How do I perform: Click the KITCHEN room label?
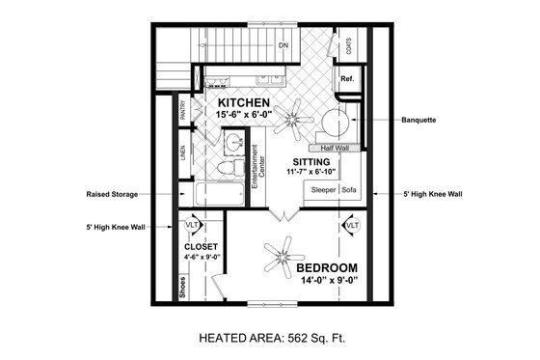(x=243, y=101)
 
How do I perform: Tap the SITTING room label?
(x=314, y=161)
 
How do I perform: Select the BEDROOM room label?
(x=327, y=267)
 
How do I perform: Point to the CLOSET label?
(x=201, y=247)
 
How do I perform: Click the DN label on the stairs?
(x=284, y=44)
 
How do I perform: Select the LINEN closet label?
(x=183, y=153)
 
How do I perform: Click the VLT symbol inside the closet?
(x=192, y=225)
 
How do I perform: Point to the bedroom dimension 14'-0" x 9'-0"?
(x=327, y=282)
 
